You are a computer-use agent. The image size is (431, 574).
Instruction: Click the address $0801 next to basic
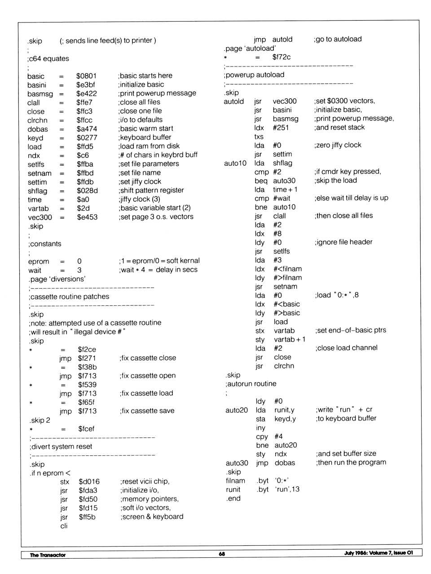pos(86,76)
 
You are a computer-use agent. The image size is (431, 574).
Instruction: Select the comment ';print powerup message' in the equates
pos(157,93)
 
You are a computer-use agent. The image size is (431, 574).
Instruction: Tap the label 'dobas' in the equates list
pos(38,129)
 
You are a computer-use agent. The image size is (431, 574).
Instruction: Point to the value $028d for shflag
pos(87,190)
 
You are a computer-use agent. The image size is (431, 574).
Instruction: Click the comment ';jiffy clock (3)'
pos(139,199)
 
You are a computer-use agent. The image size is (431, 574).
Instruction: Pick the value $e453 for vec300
pos(87,217)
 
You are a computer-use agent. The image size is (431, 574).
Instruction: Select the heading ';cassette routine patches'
pos(69,296)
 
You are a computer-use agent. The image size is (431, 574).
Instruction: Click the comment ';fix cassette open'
pos(148,375)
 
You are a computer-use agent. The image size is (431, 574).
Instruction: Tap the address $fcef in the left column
pos(86,428)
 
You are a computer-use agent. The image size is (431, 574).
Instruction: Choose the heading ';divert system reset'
pos(61,446)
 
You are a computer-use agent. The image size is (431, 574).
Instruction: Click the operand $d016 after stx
pos(89,481)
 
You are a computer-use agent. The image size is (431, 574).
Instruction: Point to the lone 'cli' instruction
pos(64,525)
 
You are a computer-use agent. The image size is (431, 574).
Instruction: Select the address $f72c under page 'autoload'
pos(281,57)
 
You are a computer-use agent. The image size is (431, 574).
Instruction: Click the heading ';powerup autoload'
pos(254,75)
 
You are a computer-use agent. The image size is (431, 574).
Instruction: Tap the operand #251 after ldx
pos(281,128)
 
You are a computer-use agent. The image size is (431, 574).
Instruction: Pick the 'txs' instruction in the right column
pos(259,137)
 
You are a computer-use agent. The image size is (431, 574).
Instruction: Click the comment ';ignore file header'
pos(343,242)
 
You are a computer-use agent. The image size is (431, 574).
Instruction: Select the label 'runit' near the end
pos(233,490)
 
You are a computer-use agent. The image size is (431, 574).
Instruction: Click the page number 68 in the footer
pos(222,554)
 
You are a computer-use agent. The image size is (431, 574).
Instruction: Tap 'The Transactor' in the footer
pos(48,555)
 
